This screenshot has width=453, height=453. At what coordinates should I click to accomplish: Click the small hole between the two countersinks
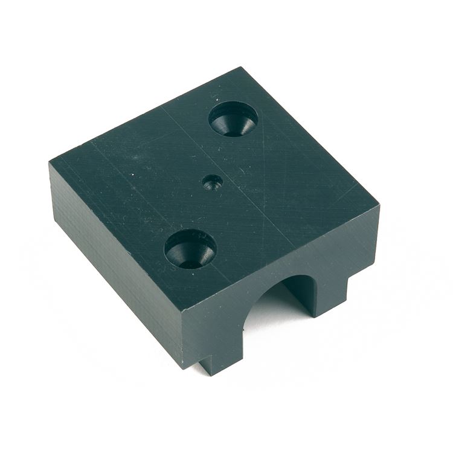(212, 182)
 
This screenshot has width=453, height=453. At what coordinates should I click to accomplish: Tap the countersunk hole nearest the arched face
(190, 249)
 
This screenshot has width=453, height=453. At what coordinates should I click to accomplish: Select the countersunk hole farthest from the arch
(233, 118)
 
